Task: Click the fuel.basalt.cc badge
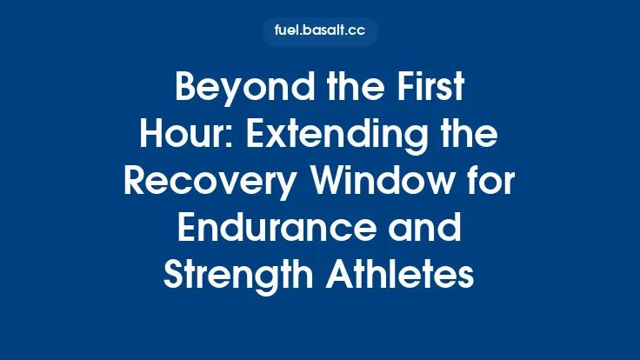[320, 31]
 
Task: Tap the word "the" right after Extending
[473, 136]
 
